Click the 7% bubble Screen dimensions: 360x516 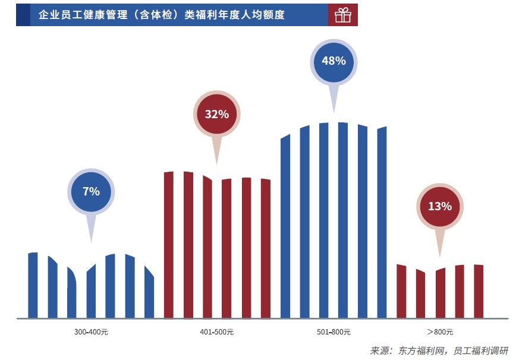point(91,191)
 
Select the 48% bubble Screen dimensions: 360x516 point(333,61)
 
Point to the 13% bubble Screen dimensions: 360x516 point(440,207)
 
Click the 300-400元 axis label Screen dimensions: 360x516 point(92,331)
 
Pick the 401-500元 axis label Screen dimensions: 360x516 point(216,331)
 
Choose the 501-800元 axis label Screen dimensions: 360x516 point(333,331)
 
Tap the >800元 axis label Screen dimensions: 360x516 point(440,331)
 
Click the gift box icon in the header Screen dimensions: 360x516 point(343,15)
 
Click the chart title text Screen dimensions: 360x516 point(161,15)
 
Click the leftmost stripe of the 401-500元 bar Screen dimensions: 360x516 point(168,244)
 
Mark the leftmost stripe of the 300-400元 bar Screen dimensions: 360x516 point(33,285)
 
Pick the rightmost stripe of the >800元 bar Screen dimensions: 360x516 point(479,291)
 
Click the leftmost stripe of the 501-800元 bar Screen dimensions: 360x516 point(285,226)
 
